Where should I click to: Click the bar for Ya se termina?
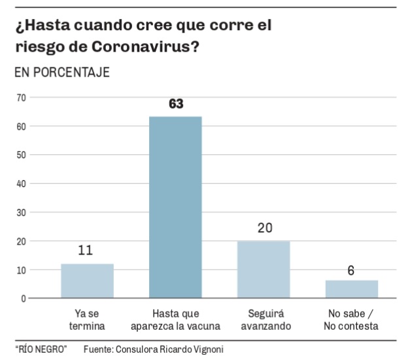pyautogui.click(x=87, y=281)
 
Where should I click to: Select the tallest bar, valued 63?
pyautogui.click(x=175, y=207)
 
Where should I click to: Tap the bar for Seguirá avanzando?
pyautogui.click(x=263, y=270)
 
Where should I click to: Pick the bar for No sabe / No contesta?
pyautogui.click(x=351, y=289)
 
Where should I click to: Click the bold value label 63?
pyautogui.click(x=175, y=104)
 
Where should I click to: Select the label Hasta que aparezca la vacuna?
pyautogui.click(x=175, y=319)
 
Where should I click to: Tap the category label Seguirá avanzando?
pyautogui.click(x=263, y=319)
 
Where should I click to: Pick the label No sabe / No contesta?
pyautogui.click(x=351, y=319)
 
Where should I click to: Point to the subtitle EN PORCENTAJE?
pyautogui.click(x=62, y=72)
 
